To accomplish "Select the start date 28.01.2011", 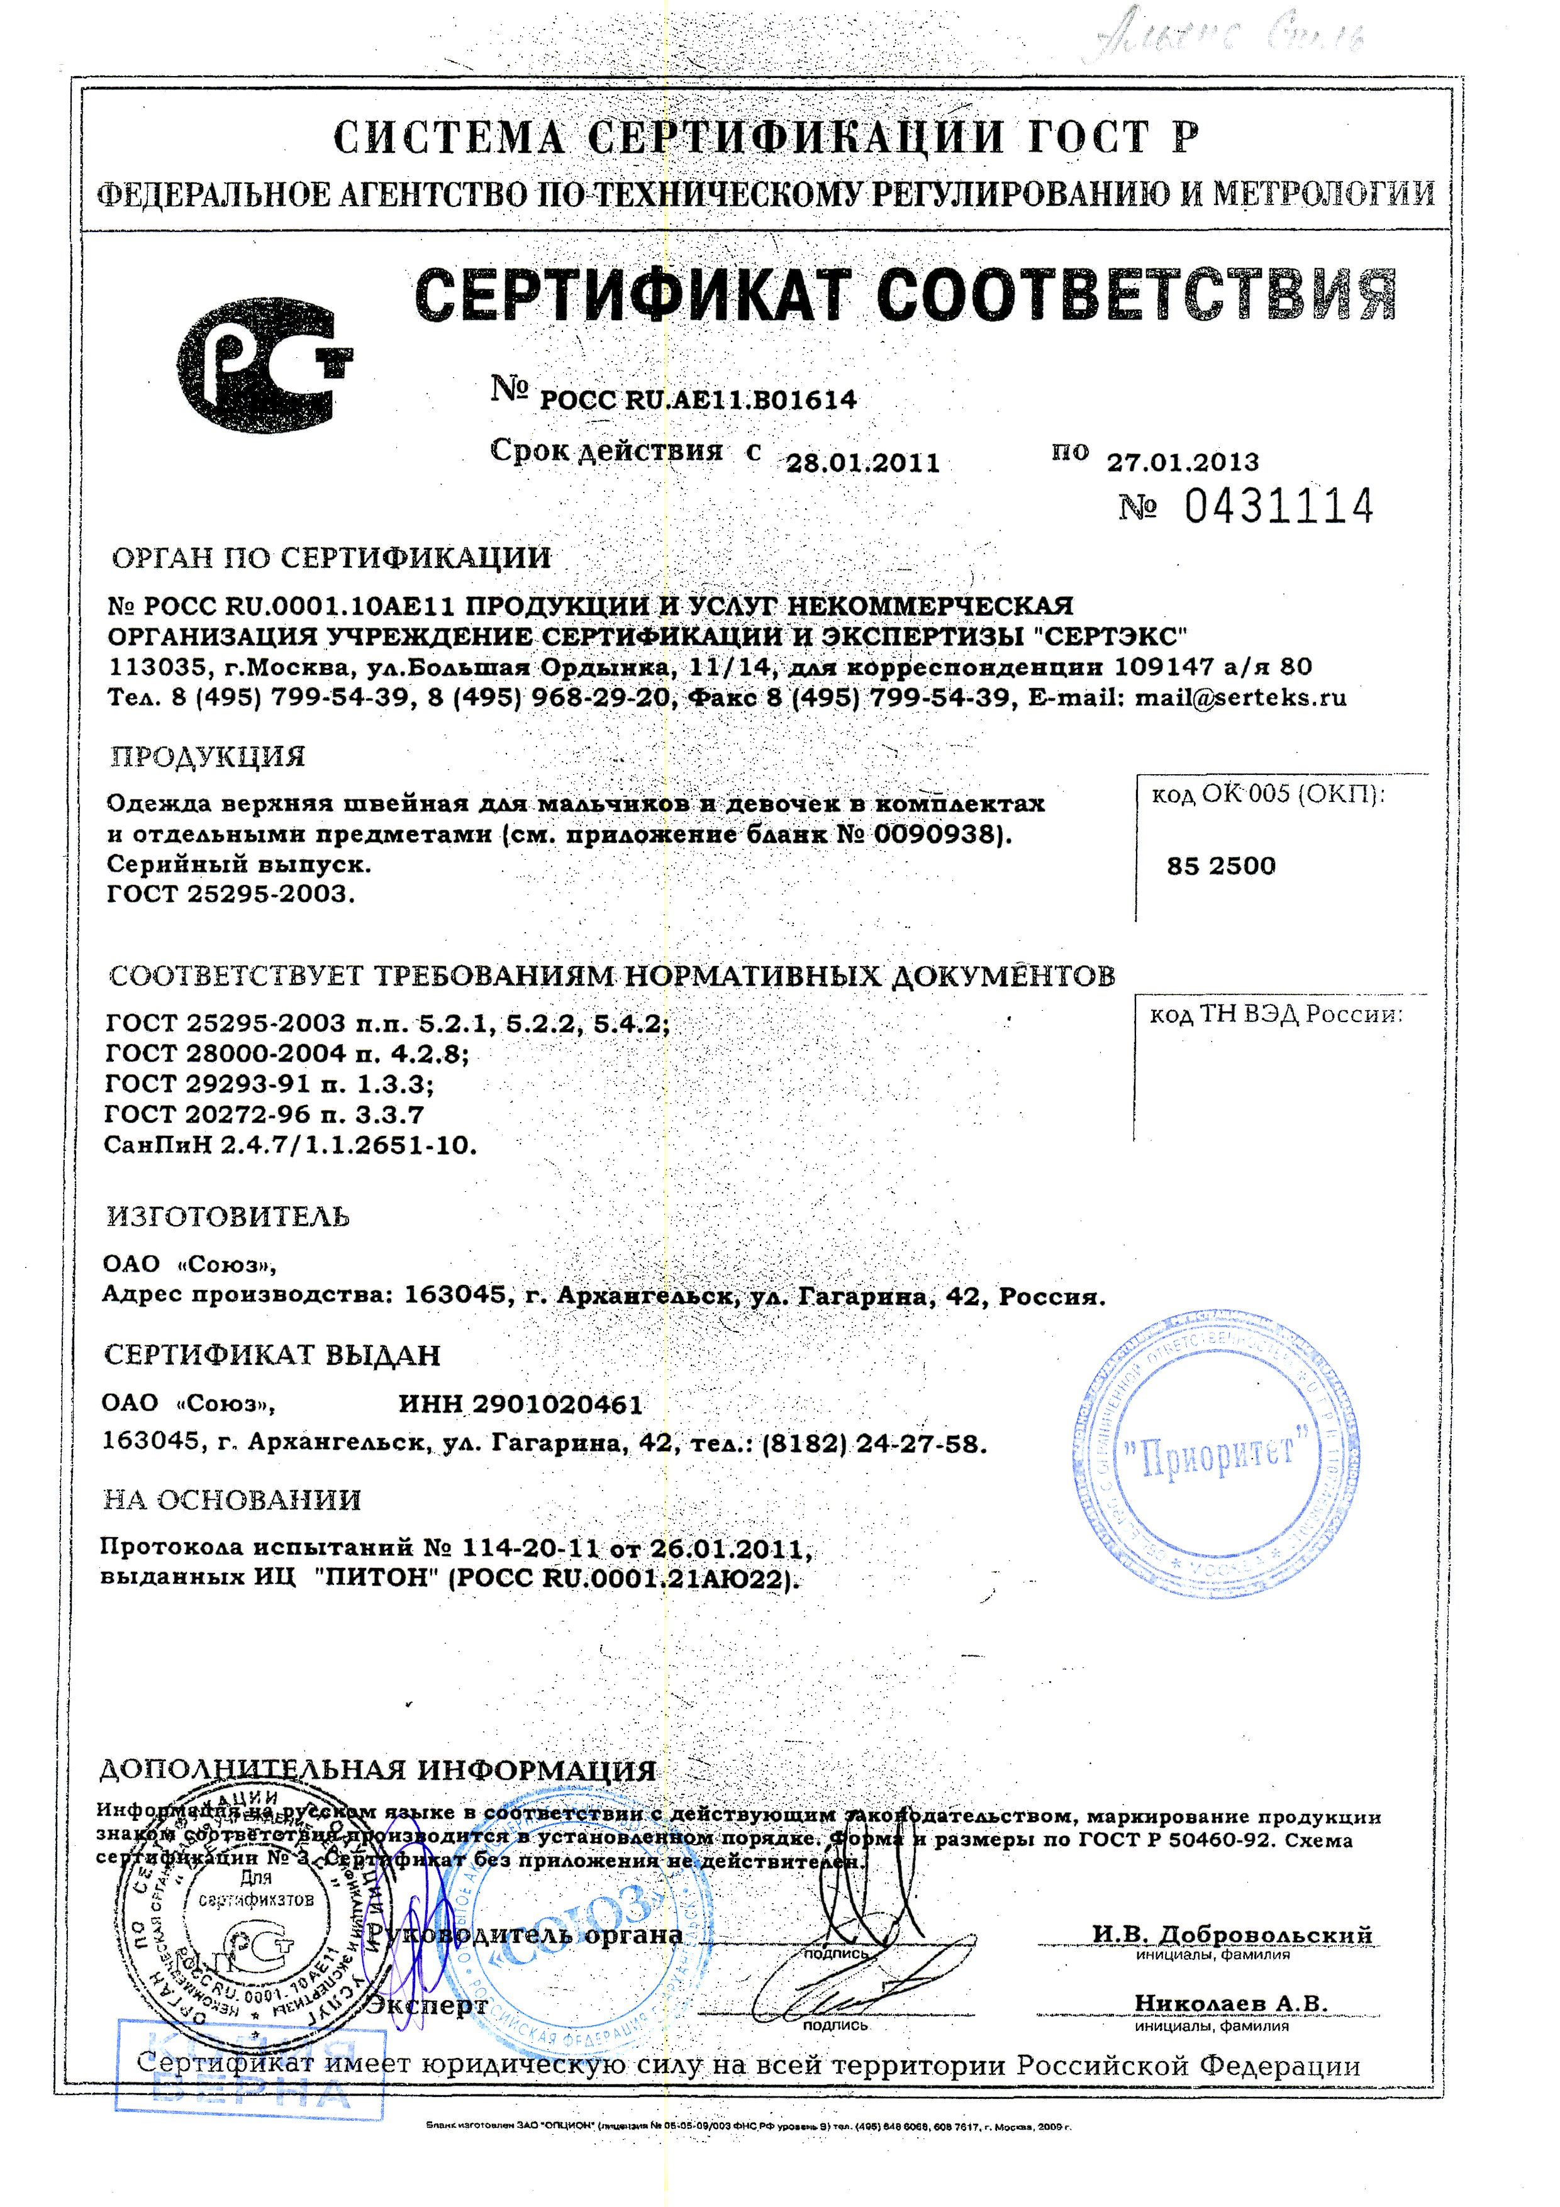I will pos(862,464).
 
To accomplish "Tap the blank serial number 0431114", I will pos(1278,506).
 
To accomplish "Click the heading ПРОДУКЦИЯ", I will pos(208,757).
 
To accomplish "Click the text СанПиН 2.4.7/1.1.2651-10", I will pos(290,1146).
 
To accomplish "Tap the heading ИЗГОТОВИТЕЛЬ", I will pos(227,1217).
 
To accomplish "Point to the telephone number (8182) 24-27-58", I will pos(872,1445).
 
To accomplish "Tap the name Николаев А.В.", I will pos(1230,2002).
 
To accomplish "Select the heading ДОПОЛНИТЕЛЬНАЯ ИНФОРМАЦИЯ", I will pos(378,1771).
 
